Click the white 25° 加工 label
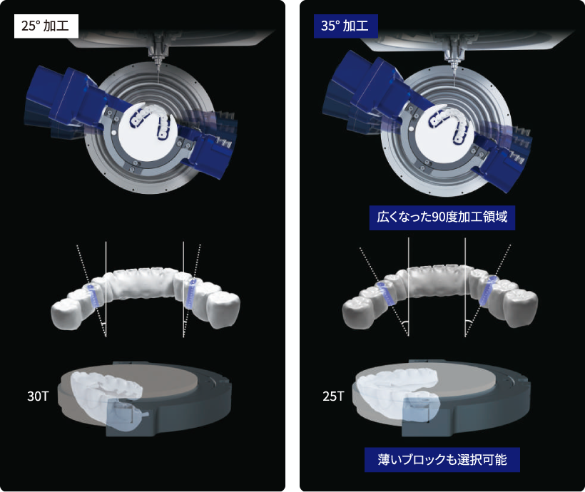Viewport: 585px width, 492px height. (x=46, y=26)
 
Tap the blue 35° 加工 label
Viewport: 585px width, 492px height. (x=346, y=26)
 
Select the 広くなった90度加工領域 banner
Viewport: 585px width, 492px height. (x=442, y=217)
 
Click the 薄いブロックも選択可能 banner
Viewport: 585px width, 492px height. (x=442, y=459)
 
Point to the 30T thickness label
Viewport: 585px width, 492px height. (x=38, y=396)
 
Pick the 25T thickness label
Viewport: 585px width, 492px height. (x=334, y=396)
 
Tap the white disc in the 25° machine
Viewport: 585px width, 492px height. (x=148, y=131)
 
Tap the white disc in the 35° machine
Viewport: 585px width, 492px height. (x=444, y=133)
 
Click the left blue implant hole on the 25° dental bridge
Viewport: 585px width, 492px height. (x=93, y=295)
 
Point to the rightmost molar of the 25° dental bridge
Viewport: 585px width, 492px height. (x=223, y=309)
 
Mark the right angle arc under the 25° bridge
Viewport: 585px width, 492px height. (x=185, y=322)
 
